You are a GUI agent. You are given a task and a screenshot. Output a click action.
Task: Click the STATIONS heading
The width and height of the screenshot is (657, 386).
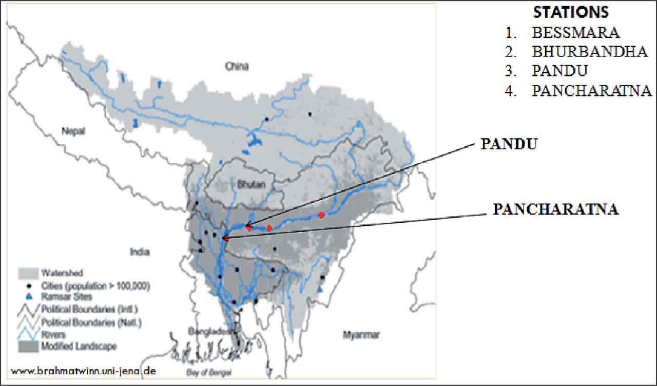tap(571, 12)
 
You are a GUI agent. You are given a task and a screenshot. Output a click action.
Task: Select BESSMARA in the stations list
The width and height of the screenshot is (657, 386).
tap(576, 32)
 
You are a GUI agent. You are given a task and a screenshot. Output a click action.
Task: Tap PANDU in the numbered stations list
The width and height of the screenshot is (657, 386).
tap(559, 71)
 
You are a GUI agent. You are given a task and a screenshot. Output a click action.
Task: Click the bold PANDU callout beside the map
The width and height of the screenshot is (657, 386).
tap(508, 144)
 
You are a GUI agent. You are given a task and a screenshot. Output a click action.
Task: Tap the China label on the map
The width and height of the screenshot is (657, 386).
tap(237, 66)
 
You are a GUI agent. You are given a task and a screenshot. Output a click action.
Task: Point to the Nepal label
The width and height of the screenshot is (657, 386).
tap(73, 130)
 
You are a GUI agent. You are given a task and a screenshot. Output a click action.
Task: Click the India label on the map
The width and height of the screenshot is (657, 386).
tap(139, 252)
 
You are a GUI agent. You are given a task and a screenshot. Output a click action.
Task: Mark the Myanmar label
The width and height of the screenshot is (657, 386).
tap(361, 335)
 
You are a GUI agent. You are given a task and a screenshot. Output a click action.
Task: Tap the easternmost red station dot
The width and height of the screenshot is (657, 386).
tap(321, 215)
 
